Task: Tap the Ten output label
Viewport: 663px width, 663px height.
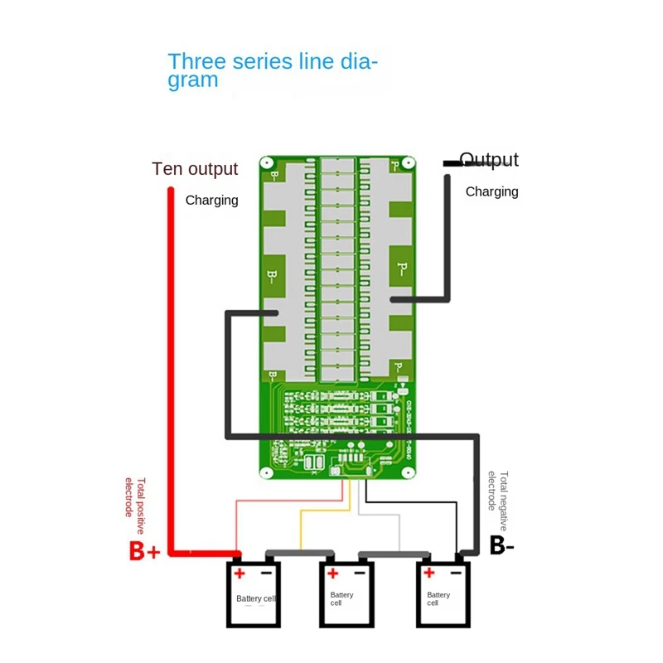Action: (x=195, y=169)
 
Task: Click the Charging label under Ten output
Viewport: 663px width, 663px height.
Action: (x=211, y=200)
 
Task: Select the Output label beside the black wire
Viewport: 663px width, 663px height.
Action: (x=489, y=160)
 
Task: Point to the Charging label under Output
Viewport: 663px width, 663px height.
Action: (x=491, y=191)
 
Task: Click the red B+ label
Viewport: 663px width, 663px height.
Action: (x=143, y=551)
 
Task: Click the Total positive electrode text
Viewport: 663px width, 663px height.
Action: (x=134, y=497)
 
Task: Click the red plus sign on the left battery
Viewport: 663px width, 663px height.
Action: (x=240, y=573)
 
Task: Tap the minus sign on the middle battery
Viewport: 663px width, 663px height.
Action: (x=361, y=573)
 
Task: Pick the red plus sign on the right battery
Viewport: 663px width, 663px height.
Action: (x=428, y=573)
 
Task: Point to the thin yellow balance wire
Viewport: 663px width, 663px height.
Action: (x=302, y=530)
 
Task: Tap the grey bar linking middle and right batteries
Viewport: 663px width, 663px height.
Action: (x=394, y=553)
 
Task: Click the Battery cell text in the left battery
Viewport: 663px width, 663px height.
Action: (x=254, y=598)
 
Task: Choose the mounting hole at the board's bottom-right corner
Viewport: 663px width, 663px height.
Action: (x=408, y=473)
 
